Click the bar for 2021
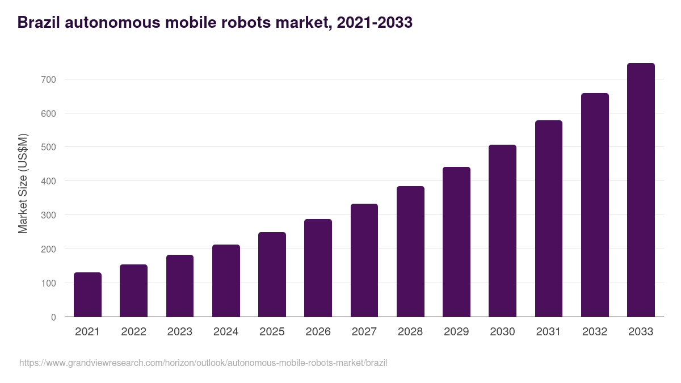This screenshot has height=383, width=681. click(x=87, y=294)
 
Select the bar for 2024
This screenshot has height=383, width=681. click(x=226, y=281)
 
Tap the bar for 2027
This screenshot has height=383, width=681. click(x=364, y=260)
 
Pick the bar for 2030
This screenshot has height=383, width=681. click(x=502, y=231)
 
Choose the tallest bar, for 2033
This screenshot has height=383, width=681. click(x=641, y=190)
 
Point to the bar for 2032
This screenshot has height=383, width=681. click(x=595, y=205)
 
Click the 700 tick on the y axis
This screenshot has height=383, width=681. click(x=48, y=79)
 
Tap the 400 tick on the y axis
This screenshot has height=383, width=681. click(x=48, y=181)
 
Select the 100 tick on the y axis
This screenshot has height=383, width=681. click(x=48, y=283)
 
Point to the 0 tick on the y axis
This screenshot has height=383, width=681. click(x=53, y=317)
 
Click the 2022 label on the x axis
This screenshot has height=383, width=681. click(x=133, y=332)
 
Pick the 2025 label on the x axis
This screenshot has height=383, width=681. click(x=272, y=332)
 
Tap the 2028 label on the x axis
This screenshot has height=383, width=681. click(x=410, y=332)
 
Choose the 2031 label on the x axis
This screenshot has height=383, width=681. click(x=549, y=332)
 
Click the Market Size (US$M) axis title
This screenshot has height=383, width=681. click(x=23, y=183)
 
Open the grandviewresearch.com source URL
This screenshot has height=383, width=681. click(x=203, y=363)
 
